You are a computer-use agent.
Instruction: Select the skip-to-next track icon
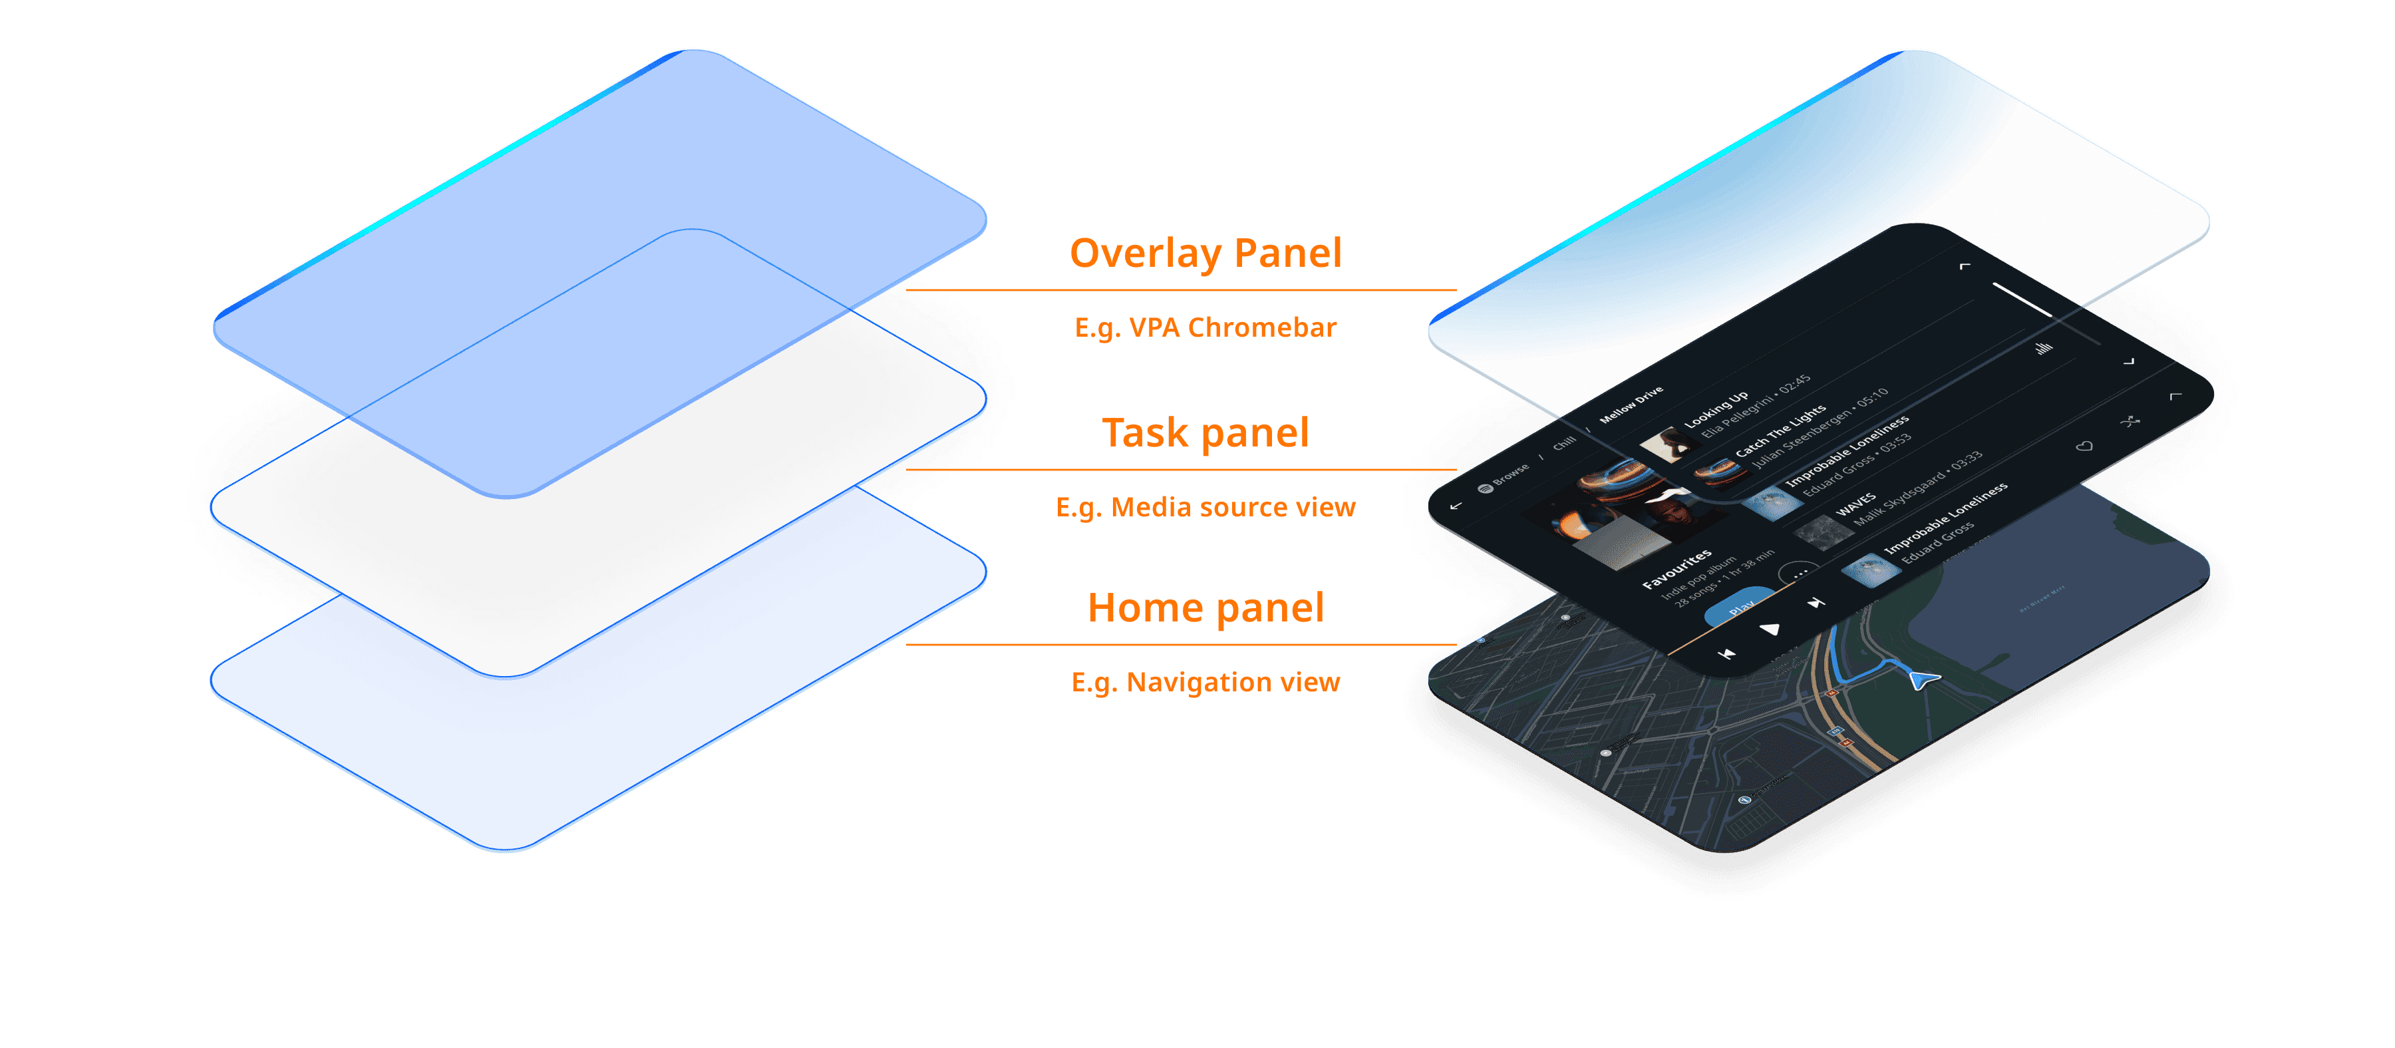[x=1815, y=604]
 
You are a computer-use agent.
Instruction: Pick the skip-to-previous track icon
[x=1726, y=653]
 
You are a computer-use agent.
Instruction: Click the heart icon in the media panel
[x=2084, y=447]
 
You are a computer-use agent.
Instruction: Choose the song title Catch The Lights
[x=1780, y=430]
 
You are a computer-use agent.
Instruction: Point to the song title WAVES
[x=1855, y=506]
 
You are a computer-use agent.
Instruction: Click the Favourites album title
[x=1676, y=568]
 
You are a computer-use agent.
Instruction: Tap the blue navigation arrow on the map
[x=1923, y=680]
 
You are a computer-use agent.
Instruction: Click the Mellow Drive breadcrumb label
[x=1631, y=405]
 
